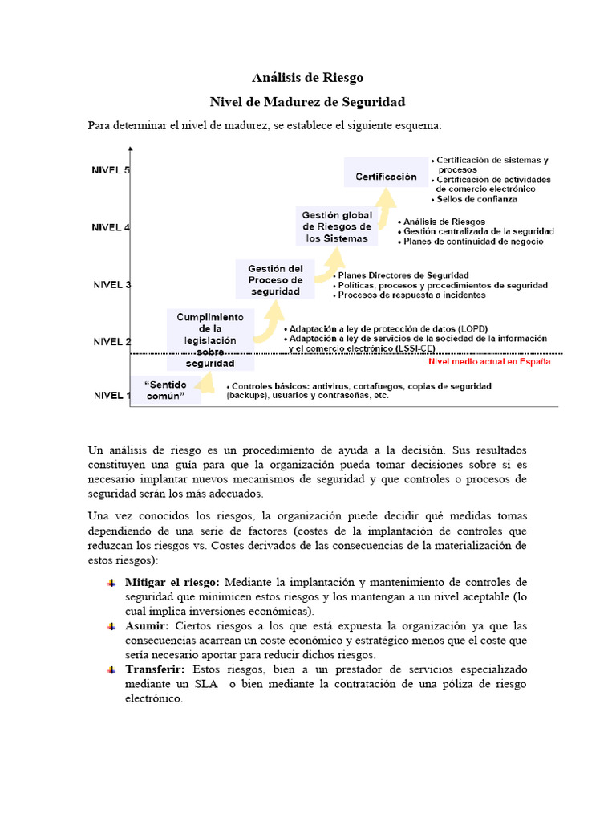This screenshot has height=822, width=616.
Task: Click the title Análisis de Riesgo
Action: point(308,78)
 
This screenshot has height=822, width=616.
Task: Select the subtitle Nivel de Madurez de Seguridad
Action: point(308,102)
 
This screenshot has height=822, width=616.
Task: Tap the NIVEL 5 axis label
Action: point(111,170)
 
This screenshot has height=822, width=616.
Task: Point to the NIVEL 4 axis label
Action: point(111,227)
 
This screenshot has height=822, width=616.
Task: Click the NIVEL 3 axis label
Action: point(111,284)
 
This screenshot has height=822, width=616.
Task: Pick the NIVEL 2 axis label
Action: point(111,341)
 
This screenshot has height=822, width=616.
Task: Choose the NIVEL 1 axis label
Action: point(111,395)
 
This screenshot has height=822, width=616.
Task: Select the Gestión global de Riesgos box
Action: point(336,226)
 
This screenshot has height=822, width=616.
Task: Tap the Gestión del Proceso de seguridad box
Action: point(275,280)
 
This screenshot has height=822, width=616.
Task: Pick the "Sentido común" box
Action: point(165,391)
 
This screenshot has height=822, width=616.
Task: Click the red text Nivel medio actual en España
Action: point(489,361)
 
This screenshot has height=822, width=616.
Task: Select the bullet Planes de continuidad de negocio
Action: point(472,241)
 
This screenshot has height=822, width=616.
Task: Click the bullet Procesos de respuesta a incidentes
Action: point(411,295)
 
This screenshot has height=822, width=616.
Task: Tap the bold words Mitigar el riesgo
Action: point(172,582)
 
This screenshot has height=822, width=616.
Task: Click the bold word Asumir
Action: point(147,625)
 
